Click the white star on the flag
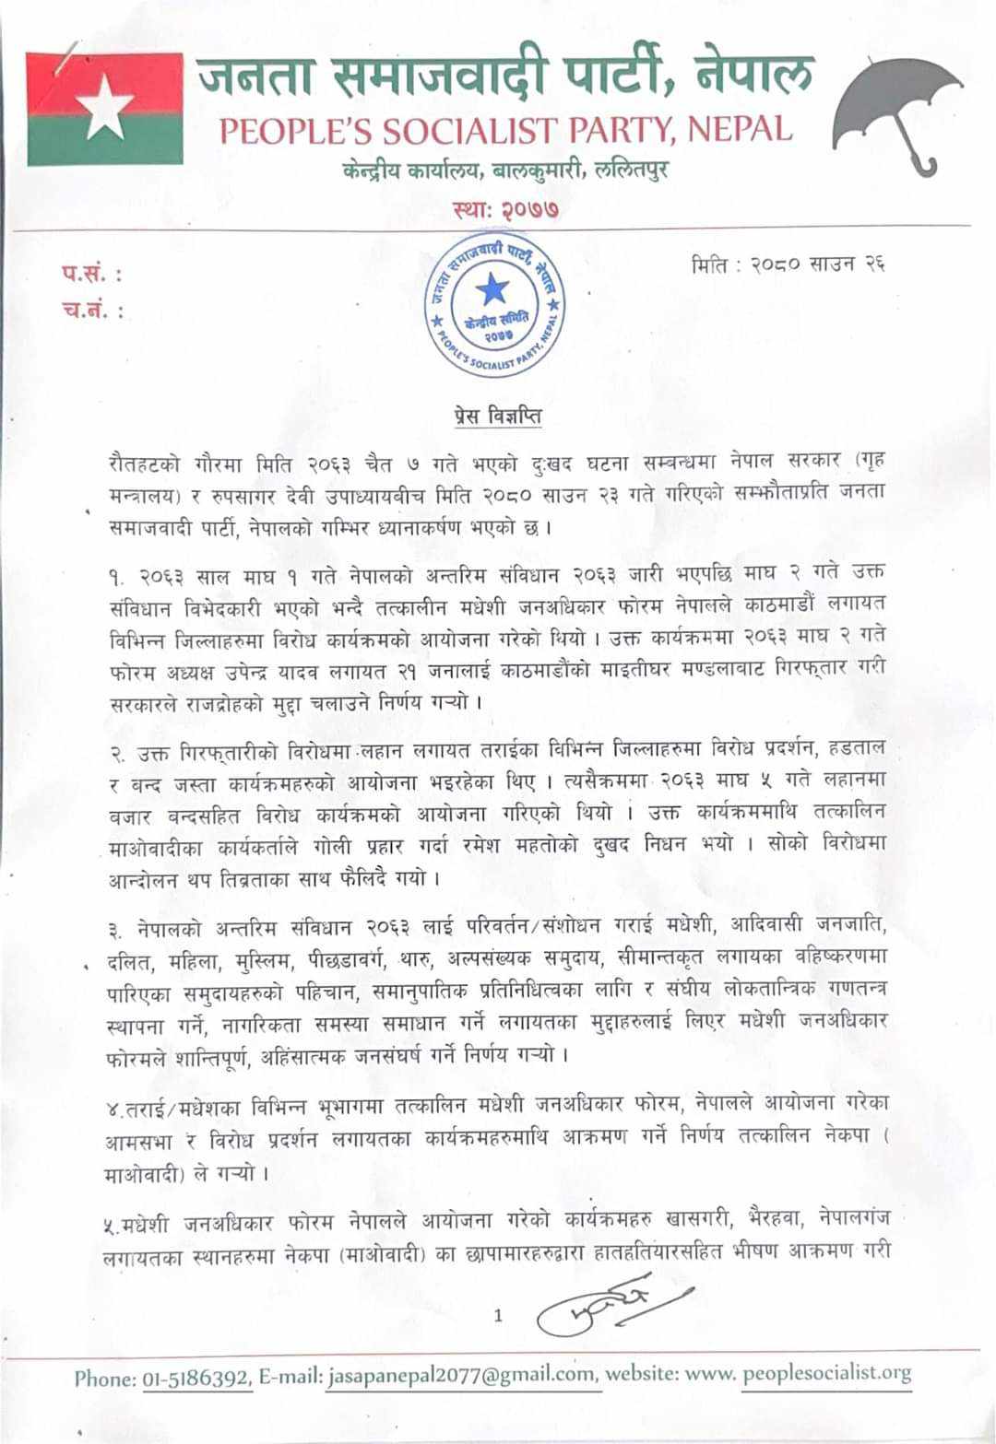104,107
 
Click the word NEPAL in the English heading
740,130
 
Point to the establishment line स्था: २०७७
506,209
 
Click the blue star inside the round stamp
492,290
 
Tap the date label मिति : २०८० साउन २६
788,264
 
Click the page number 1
498,1315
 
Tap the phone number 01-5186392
196,1378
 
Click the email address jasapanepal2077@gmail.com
461,1376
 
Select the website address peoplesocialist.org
826,1373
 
